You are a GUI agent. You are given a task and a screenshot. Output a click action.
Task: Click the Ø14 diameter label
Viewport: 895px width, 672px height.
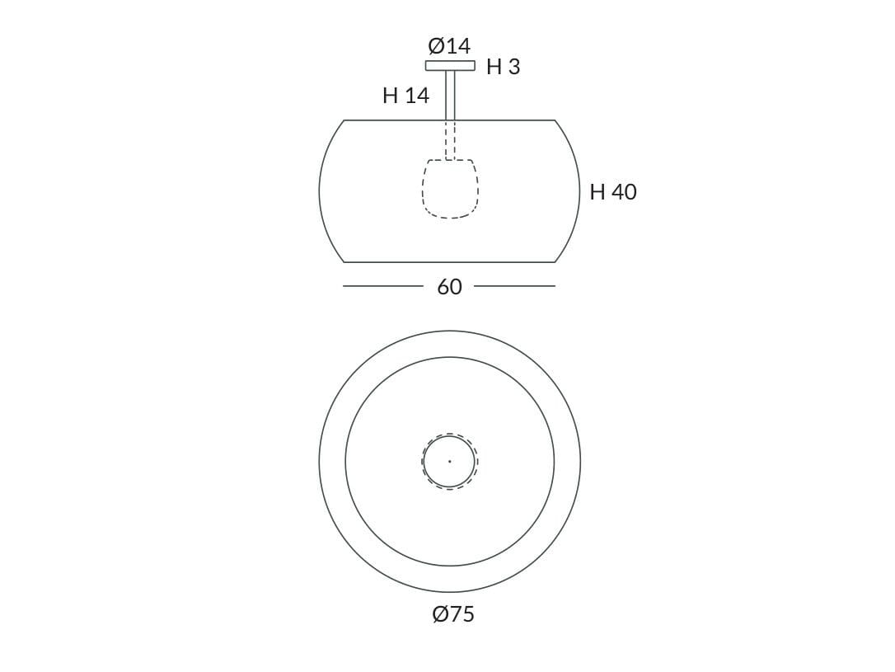click(x=449, y=45)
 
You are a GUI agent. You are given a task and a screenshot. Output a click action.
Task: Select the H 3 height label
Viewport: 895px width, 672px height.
click(x=503, y=68)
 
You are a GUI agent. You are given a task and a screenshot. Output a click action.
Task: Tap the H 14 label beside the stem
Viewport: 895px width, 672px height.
click(x=405, y=96)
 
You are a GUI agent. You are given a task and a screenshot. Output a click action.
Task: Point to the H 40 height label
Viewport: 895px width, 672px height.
click(x=613, y=192)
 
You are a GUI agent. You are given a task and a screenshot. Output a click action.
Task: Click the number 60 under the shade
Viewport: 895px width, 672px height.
click(x=449, y=287)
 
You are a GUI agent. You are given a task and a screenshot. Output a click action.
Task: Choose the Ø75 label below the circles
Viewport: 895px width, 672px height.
click(x=452, y=614)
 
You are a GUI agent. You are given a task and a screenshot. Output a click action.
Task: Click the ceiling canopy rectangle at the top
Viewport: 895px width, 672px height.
click(x=450, y=66)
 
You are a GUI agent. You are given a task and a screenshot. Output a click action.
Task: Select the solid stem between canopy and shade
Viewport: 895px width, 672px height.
click(x=450, y=95)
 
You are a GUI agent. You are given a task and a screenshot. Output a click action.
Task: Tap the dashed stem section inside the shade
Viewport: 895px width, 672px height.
click(x=450, y=140)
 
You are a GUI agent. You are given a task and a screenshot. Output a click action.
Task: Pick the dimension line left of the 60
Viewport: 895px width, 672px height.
click(x=382, y=286)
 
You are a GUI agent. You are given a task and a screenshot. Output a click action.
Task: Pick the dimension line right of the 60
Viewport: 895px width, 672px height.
click(x=514, y=286)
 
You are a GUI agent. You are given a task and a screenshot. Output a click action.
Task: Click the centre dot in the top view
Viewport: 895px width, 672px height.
click(x=449, y=462)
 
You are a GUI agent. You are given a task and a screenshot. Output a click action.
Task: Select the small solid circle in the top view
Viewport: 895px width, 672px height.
click(x=475, y=462)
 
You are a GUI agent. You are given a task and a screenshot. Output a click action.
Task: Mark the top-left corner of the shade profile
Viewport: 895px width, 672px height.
click(x=344, y=120)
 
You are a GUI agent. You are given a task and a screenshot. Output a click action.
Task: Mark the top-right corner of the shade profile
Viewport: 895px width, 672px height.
click(x=555, y=120)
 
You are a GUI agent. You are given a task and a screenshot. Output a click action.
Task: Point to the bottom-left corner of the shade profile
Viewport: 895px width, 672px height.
click(x=344, y=262)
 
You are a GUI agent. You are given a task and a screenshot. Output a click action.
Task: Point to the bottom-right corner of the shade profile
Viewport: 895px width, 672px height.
click(x=555, y=262)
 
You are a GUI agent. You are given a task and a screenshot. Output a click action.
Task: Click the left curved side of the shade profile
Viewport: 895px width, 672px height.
click(x=320, y=191)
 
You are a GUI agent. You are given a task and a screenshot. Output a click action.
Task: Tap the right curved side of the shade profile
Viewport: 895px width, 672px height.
click(x=579, y=191)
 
